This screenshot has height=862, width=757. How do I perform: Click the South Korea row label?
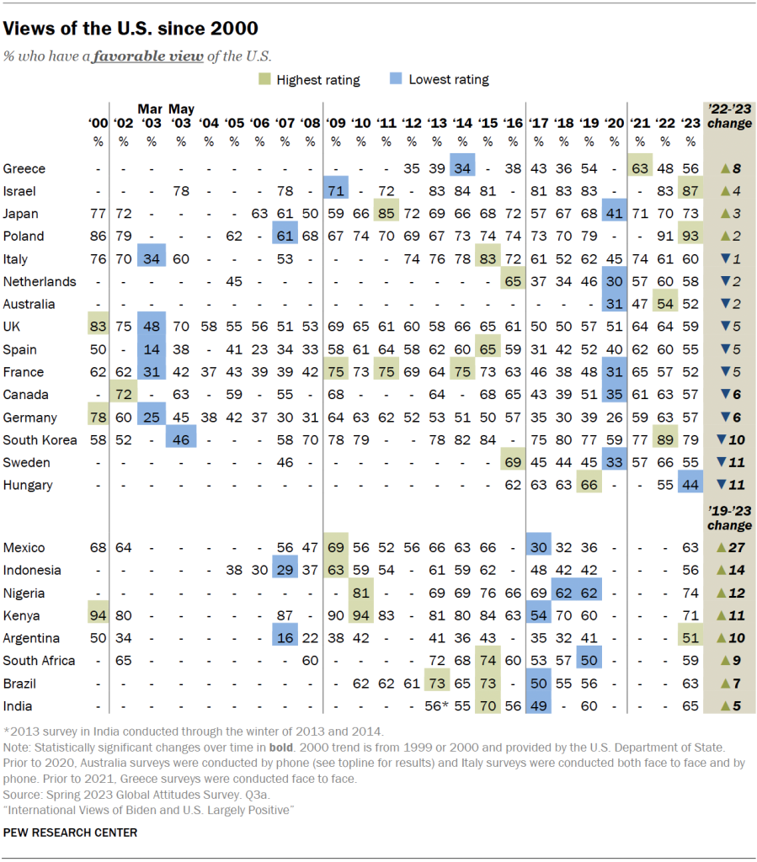coord(40,439)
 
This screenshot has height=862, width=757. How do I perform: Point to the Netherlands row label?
coord(40,281)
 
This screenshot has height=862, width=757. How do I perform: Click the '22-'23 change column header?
coord(729,117)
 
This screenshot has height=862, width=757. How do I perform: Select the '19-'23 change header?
coord(729,519)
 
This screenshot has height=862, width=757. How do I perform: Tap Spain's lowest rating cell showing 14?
coord(151,349)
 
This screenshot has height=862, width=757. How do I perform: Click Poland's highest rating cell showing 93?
coord(690,236)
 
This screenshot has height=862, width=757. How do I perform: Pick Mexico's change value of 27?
coord(729,547)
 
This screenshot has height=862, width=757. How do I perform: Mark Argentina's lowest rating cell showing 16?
coord(285,638)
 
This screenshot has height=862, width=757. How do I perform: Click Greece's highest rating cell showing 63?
coord(640,168)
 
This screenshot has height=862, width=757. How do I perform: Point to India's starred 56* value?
coord(436,706)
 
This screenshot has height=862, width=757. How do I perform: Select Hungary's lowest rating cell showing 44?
coord(690,485)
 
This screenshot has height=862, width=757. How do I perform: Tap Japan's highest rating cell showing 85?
coord(386,213)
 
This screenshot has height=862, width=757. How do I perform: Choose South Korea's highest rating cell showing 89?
coord(664,439)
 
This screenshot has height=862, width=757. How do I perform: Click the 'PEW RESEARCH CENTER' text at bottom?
coord(70,833)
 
